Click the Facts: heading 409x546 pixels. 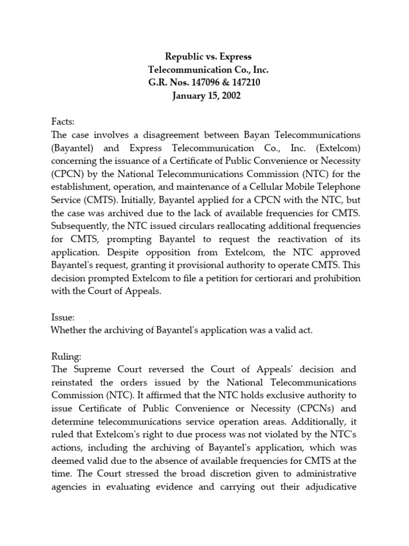tap(64, 122)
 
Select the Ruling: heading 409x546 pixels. tap(67, 356)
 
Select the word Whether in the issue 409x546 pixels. tap(70, 330)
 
